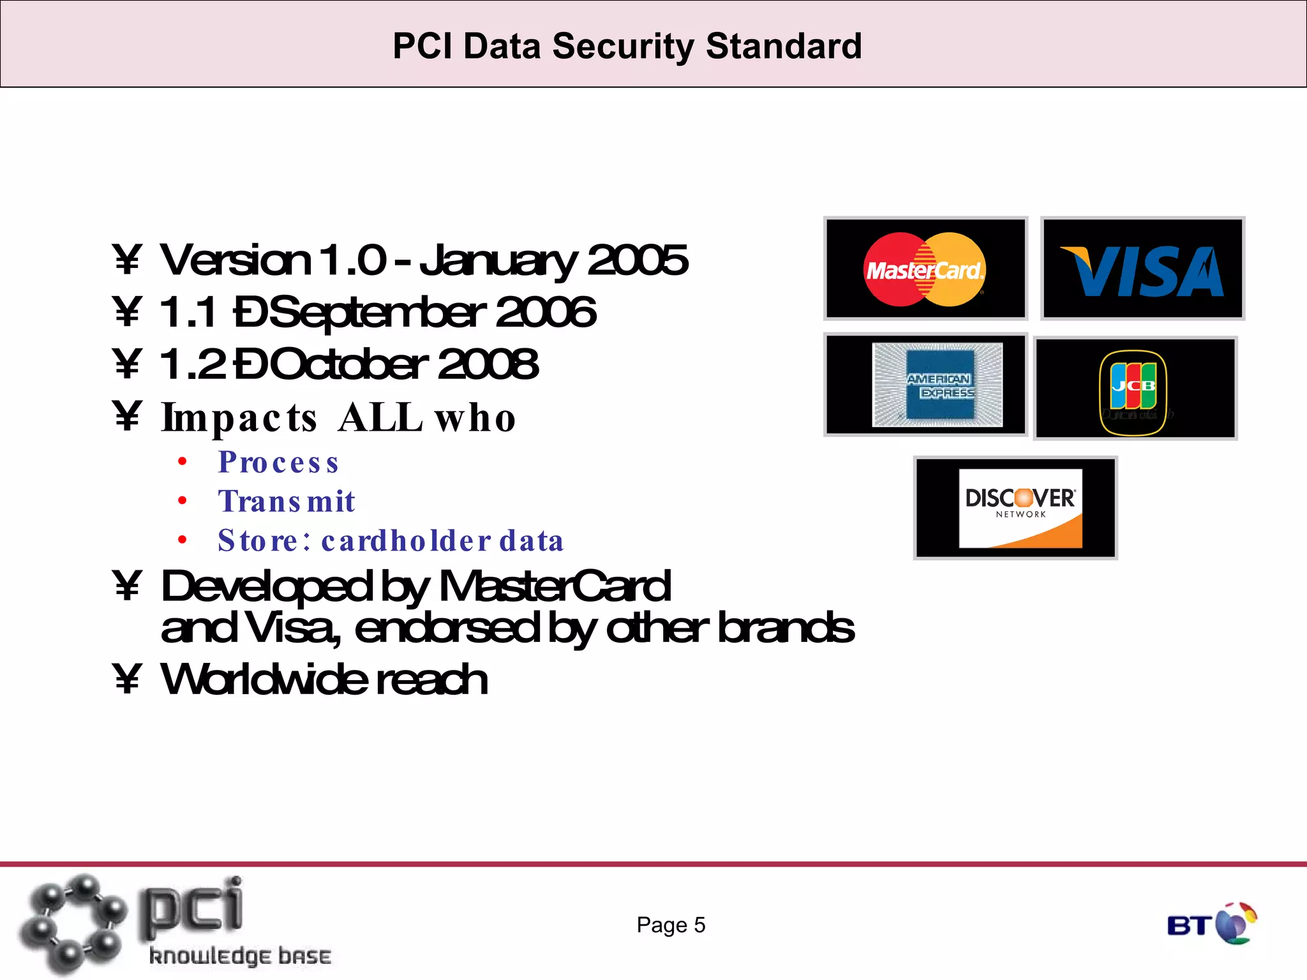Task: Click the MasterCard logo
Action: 925,269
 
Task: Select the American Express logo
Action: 937,385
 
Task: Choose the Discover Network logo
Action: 1020,509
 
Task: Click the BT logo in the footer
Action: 1211,924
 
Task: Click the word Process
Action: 278,463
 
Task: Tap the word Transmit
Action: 287,501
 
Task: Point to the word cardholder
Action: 407,541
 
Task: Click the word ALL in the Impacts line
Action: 380,419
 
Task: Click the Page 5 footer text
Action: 671,925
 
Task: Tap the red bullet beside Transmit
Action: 183,501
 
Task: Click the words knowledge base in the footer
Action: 240,956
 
